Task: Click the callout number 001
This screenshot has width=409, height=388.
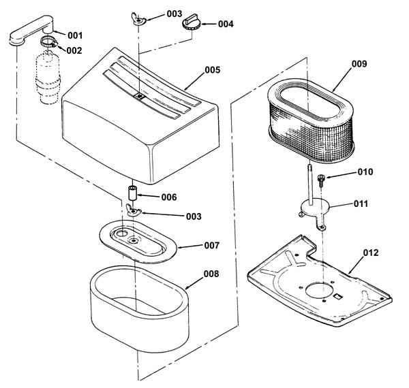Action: (75, 35)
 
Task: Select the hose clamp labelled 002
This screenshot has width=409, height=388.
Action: (49, 42)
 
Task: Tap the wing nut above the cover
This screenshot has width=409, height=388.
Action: (138, 19)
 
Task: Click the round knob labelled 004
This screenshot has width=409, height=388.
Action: (191, 22)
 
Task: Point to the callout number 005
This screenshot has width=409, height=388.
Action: (212, 70)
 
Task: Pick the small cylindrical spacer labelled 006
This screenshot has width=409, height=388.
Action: (132, 193)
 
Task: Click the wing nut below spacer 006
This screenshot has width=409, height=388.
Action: (134, 210)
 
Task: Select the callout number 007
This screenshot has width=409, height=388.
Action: (211, 245)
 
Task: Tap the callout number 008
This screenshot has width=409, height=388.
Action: (211, 274)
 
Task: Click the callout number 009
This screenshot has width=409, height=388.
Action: (359, 64)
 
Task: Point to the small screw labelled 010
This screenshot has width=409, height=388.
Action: (320, 180)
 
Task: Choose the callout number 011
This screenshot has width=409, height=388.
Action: (361, 204)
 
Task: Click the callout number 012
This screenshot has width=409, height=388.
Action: (371, 253)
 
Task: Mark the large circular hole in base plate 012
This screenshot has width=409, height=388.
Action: (319, 289)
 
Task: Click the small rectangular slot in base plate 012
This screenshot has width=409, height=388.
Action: (338, 296)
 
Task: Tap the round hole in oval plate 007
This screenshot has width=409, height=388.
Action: (121, 233)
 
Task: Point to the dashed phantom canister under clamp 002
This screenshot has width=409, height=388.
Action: (48, 78)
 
